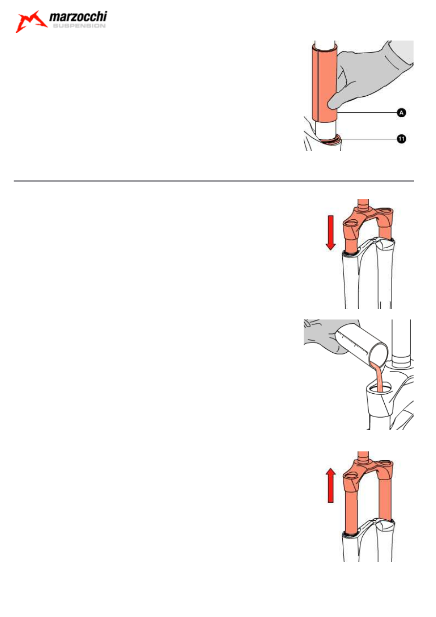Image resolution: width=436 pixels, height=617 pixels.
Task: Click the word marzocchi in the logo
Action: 78,17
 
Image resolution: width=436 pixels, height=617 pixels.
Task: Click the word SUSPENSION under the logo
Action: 79,26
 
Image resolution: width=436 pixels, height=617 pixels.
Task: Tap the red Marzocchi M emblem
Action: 31,21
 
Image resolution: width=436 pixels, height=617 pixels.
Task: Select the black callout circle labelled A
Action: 401,113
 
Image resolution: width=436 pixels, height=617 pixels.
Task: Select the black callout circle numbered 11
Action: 401,139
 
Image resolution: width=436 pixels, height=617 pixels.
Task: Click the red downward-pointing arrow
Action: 331,233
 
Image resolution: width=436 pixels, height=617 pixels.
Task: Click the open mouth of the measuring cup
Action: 378,354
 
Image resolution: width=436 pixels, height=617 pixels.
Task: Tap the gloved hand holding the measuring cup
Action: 325,335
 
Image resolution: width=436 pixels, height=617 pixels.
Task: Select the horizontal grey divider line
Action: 214,181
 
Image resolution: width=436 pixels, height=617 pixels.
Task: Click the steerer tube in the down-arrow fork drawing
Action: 363,204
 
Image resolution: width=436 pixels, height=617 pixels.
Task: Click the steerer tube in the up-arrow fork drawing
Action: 363,457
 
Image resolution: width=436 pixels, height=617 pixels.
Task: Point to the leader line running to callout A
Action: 367,113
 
